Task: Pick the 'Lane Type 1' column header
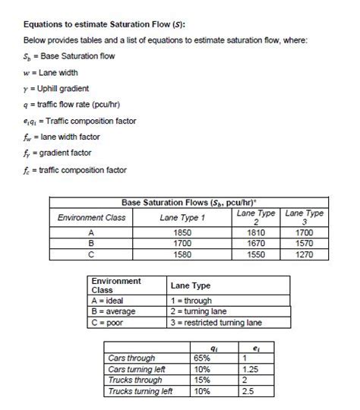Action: pyautogui.click(x=183, y=217)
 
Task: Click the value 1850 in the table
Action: pyautogui.click(x=183, y=233)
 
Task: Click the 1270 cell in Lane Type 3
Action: pyautogui.click(x=305, y=256)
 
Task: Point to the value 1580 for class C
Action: pyautogui.click(x=183, y=256)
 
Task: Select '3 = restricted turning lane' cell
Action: pyautogui.click(x=216, y=323)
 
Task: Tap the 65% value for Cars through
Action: pyautogui.click(x=203, y=357)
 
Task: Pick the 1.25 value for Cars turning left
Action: pyautogui.click(x=250, y=368)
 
